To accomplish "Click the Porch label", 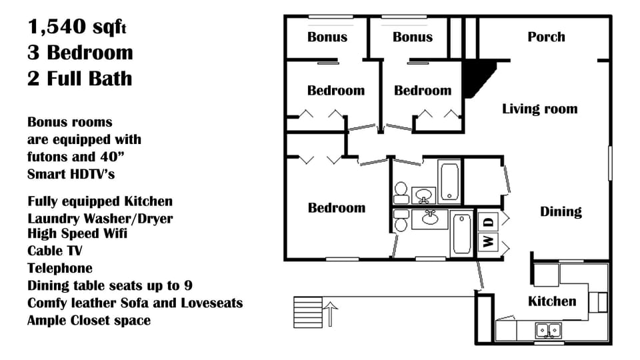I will [x=546, y=37].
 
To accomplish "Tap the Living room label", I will [x=539, y=109].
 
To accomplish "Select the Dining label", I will [x=561, y=212].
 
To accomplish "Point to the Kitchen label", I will [x=552, y=301].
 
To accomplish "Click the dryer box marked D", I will [x=488, y=221].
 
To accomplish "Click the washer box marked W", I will [x=488, y=241].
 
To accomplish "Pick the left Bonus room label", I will [x=327, y=37].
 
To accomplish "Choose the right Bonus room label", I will [x=413, y=37].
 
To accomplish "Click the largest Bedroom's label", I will [x=337, y=208].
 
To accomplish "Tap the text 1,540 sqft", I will [x=77, y=27].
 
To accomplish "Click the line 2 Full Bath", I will [x=79, y=79].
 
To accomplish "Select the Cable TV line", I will [x=55, y=251].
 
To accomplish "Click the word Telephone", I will [x=60, y=269].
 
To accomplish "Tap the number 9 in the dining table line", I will [x=189, y=286].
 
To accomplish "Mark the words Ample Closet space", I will [x=89, y=321].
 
